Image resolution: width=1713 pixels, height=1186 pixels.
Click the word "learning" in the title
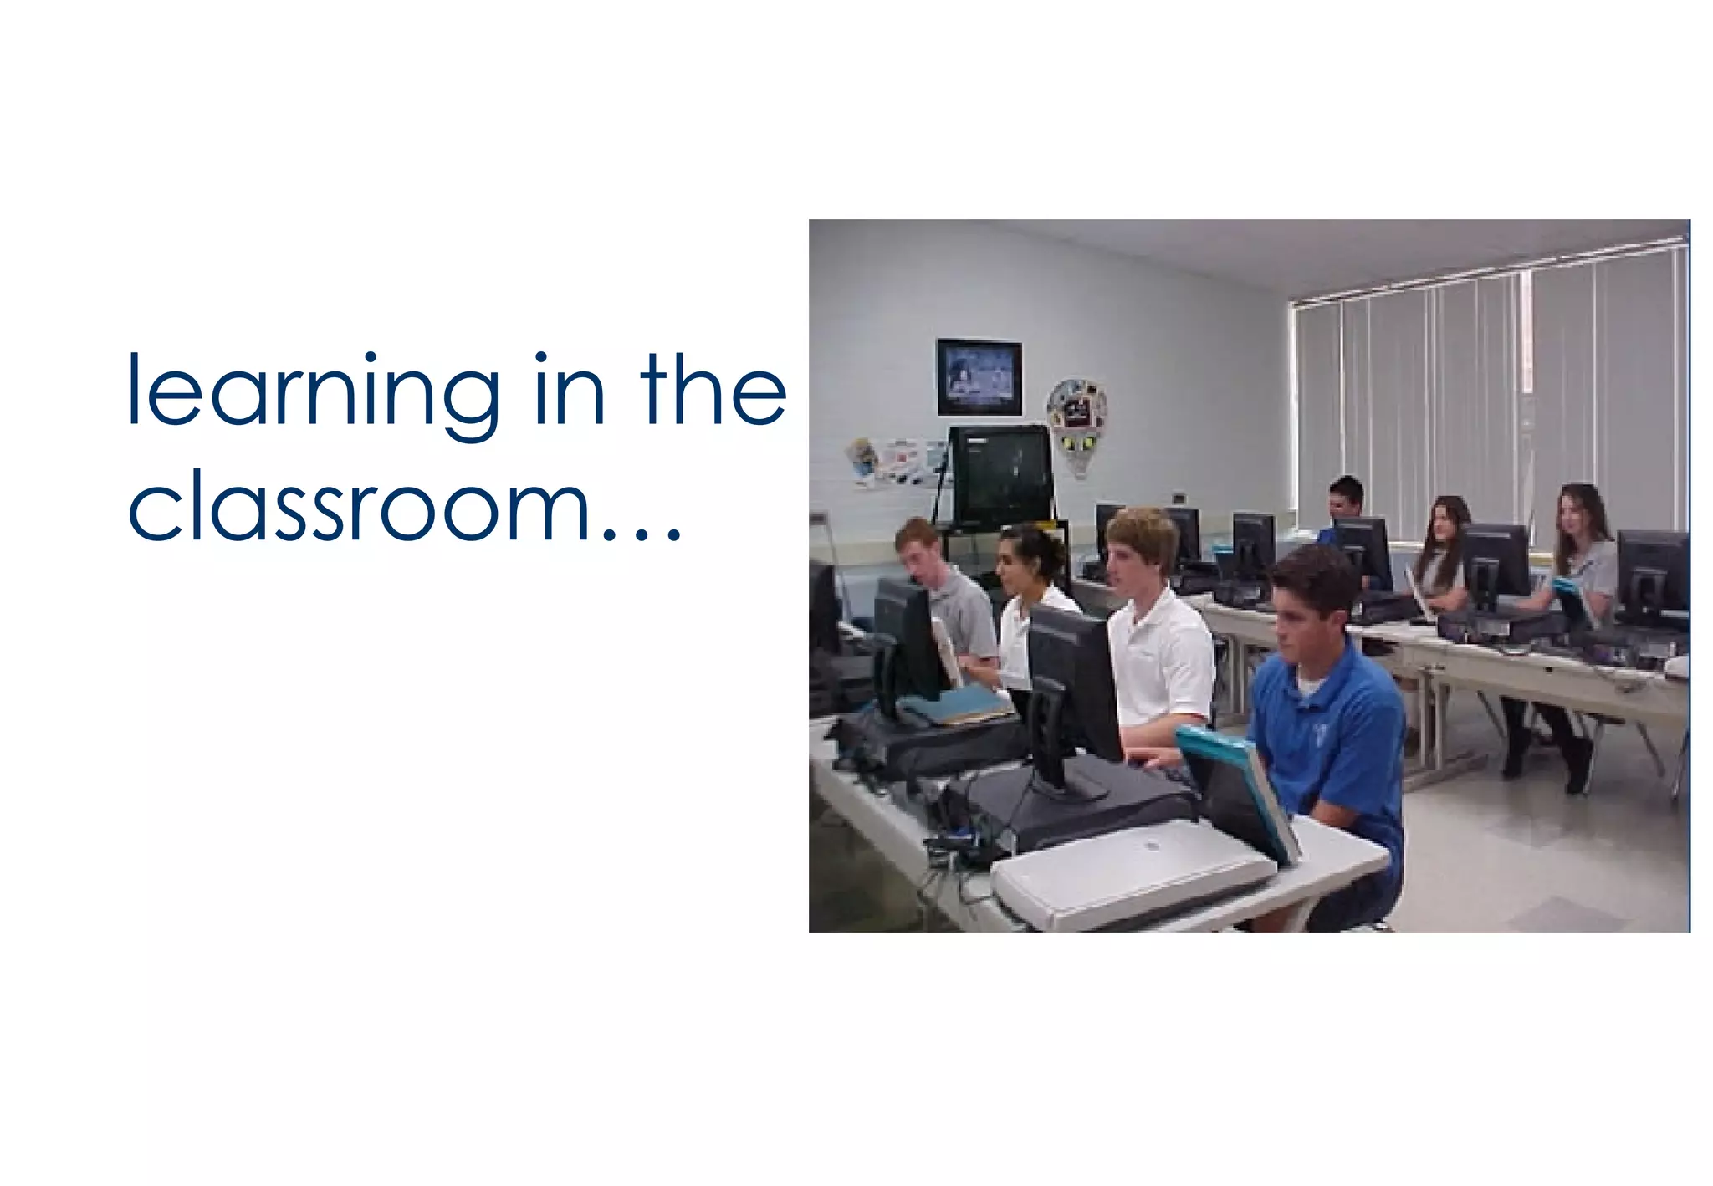pyautogui.click(x=314, y=393)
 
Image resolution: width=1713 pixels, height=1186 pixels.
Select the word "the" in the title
pyautogui.click(x=713, y=390)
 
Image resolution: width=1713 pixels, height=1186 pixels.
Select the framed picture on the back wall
pyautogui.click(x=979, y=377)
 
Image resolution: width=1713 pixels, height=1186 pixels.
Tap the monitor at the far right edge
pyautogui.click(x=1652, y=577)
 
